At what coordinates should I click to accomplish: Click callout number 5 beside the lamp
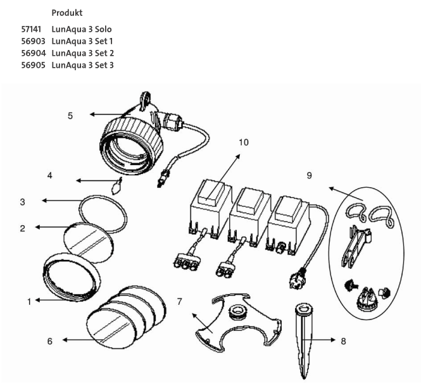click(x=71, y=115)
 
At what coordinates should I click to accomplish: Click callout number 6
click(x=49, y=341)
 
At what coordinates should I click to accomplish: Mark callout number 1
click(x=28, y=302)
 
